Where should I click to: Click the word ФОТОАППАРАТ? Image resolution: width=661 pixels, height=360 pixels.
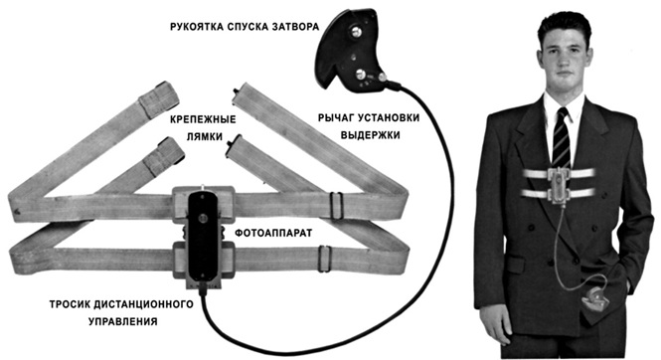273,233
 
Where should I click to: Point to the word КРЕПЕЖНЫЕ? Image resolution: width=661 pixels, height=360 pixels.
203,119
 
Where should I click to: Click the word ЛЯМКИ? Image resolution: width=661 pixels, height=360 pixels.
204,136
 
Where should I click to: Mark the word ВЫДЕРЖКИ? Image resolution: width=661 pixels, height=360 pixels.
371,135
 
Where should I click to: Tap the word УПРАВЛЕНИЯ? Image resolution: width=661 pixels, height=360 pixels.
123,321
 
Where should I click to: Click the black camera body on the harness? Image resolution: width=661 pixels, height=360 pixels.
203,236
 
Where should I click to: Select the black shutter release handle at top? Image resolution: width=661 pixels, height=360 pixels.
351,51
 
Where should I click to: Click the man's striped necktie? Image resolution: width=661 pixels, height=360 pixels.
561,138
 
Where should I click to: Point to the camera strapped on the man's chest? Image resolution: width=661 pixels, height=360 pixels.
560,186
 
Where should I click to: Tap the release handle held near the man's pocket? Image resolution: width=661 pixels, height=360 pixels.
595,299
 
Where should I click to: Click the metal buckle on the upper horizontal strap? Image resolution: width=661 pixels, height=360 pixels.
337,205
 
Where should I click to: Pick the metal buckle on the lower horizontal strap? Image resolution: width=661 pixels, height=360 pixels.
325,259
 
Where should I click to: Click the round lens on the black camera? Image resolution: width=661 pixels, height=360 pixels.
204,219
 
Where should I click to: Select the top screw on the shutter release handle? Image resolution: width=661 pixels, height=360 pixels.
357,31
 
